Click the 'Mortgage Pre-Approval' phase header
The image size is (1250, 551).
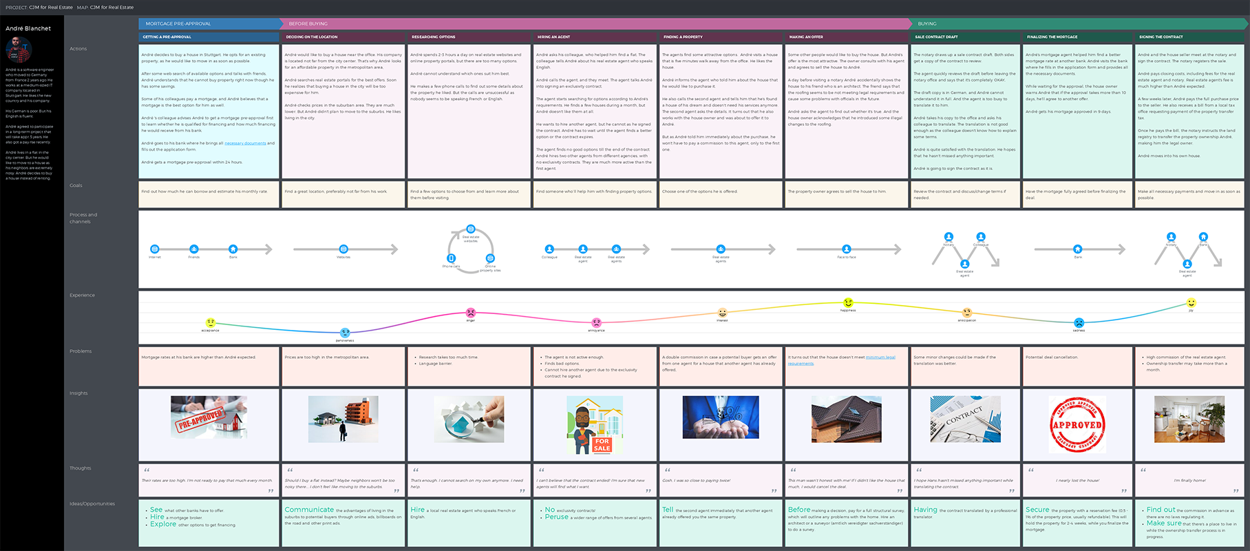tap(178, 23)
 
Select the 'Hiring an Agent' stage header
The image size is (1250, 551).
tap(553, 37)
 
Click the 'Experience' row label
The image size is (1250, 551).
tap(82, 295)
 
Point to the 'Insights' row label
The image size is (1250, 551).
tap(78, 393)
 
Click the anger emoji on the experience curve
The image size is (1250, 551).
tap(471, 313)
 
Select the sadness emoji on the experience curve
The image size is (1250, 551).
tap(1079, 323)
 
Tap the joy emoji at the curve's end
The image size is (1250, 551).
tap(1191, 303)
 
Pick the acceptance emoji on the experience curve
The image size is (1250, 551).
tap(211, 322)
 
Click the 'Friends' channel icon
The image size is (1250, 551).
tap(194, 249)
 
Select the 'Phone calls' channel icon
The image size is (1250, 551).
tap(451, 258)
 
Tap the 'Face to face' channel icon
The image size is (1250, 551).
tap(847, 249)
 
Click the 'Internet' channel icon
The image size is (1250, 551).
tap(155, 249)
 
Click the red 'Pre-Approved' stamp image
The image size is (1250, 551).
tap(209, 417)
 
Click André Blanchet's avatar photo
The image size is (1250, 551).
tap(19, 50)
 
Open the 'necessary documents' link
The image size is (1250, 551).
tap(245, 143)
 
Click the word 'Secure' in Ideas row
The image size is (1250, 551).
tap(1037, 510)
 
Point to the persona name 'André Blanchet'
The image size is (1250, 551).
tap(28, 28)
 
